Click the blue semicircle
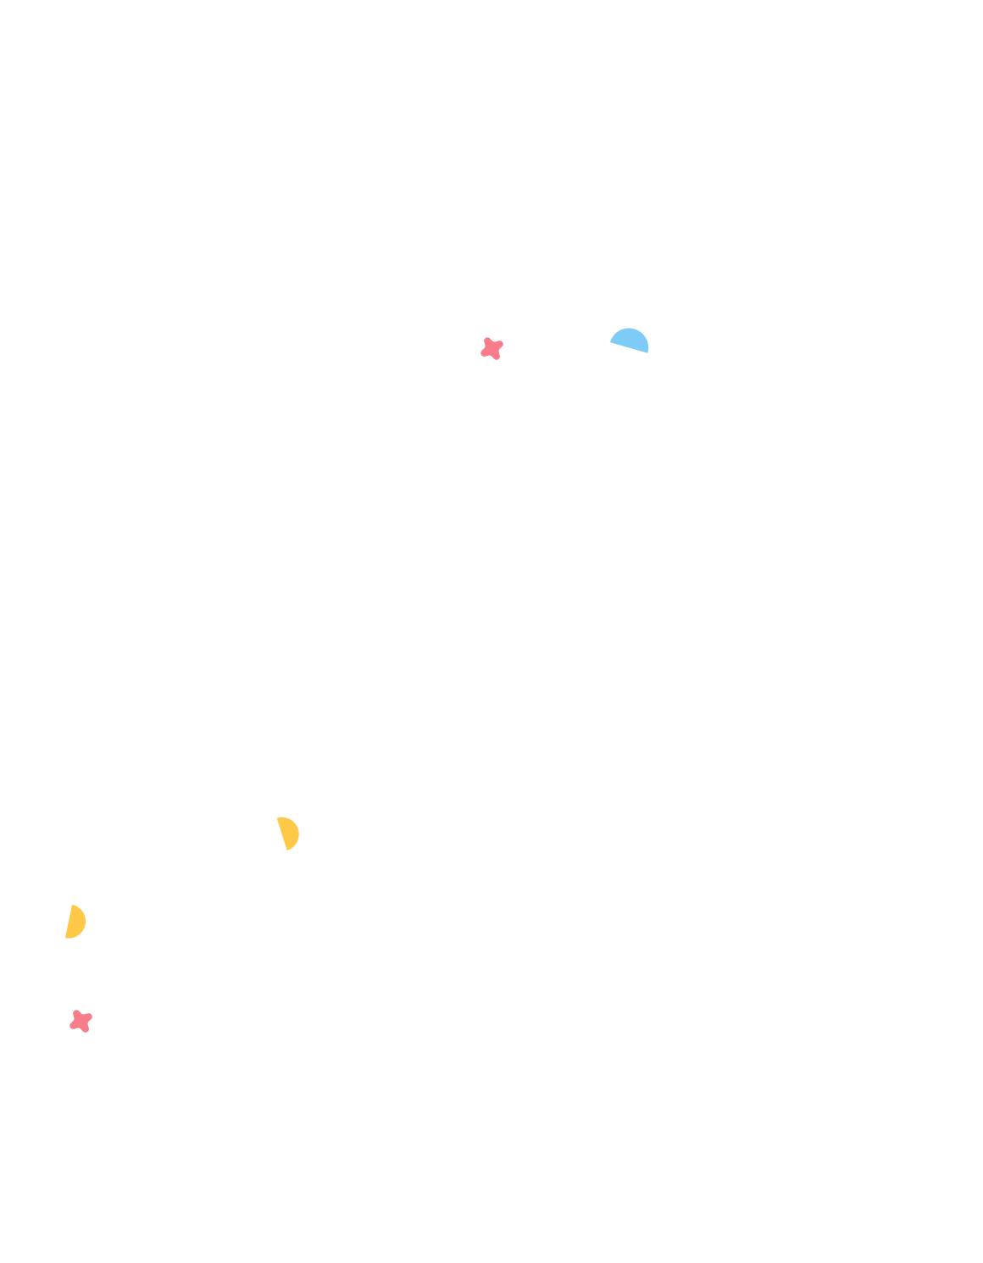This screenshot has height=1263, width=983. tap(630, 340)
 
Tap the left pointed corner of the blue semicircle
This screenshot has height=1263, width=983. tap(611, 341)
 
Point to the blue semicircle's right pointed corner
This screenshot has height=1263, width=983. tap(648, 352)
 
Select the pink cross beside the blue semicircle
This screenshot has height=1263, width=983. tap(491, 348)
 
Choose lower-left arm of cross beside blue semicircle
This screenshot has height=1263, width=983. tap(484, 353)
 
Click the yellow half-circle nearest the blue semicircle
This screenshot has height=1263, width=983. tap(289, 834)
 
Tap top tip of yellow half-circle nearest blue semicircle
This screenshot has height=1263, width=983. tap(278, 818)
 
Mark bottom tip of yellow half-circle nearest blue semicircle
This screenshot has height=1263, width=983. tap(288, 850)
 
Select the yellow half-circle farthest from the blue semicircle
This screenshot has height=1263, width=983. tap(75, 922)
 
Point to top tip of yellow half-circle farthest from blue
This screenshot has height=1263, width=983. tap(72, 906)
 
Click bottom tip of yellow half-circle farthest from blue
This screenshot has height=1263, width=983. tap(66, 938)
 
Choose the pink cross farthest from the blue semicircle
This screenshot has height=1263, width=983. tap(81, 1021)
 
